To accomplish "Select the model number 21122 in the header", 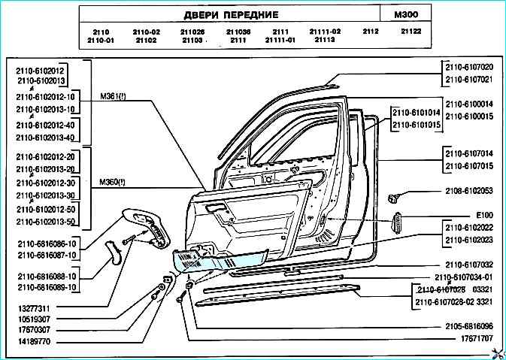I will coord(411,32).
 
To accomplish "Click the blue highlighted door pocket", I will coord(218,259).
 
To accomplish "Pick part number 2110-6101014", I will coord(414,111).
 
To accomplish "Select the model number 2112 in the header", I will coord(371,32).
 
